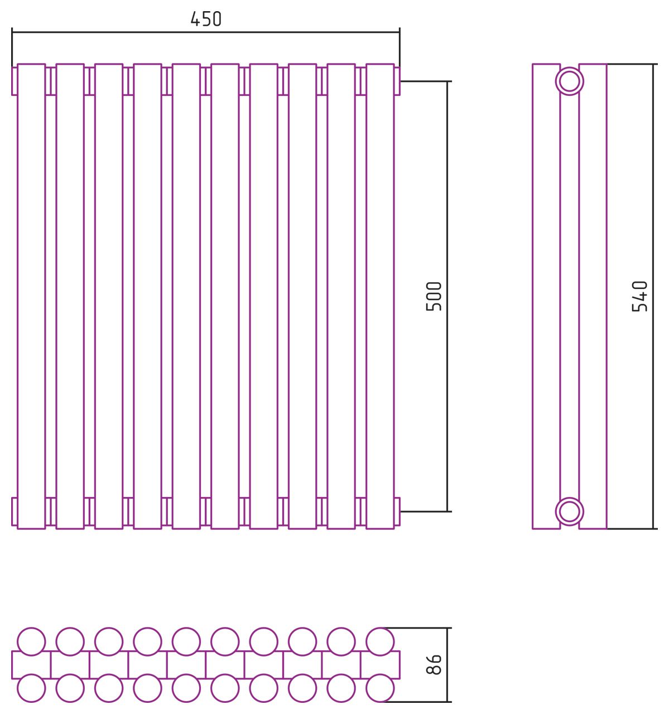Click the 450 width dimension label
(x=206, y=19)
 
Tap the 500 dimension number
(x=434, y=296)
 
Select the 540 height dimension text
(x=639, y=296)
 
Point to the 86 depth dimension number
(x=434, y=664)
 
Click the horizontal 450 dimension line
(x=206, y=32)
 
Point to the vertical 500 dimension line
(x=447, y=296)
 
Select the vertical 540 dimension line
(x=653, y=296)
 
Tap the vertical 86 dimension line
(x=447, y=665)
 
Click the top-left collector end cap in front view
(x=15, y=81)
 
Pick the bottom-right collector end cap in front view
(x=397, y=512)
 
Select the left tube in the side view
(x=546, y=296)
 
